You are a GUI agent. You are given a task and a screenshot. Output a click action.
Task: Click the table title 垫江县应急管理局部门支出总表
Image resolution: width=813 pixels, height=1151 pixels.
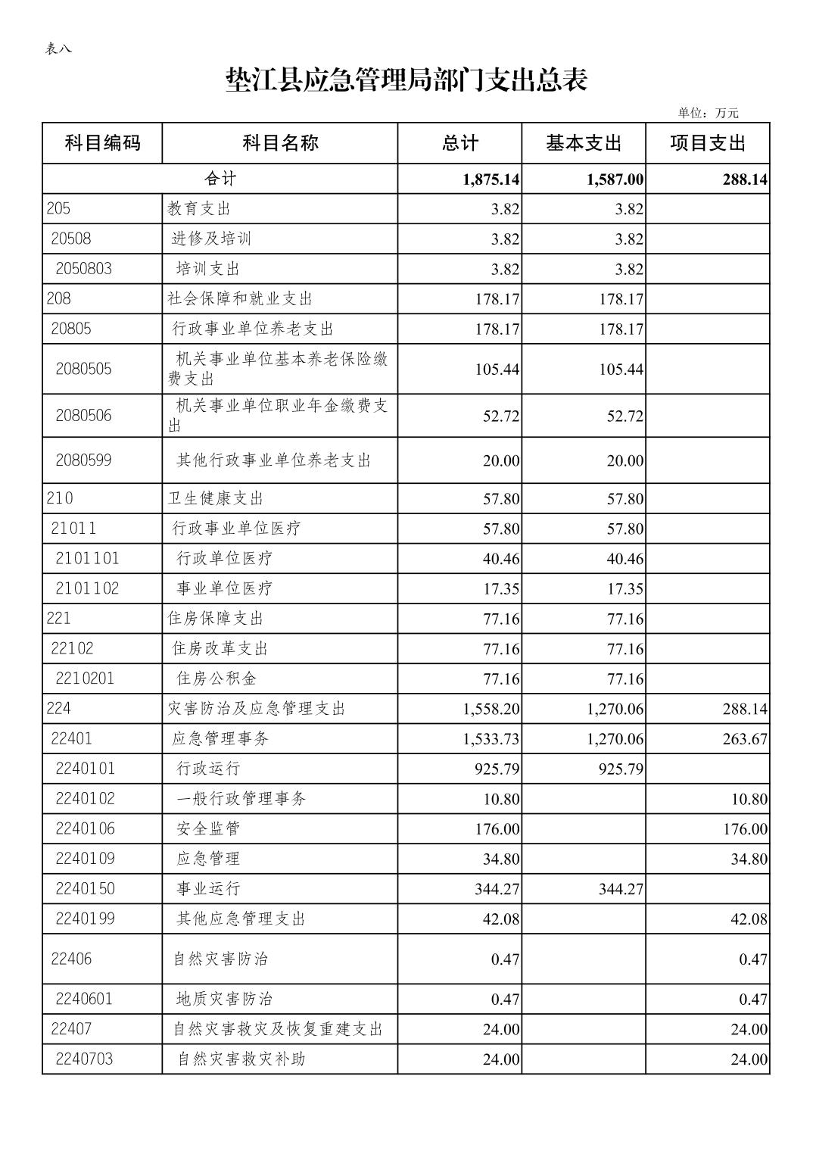(x=406, y=80)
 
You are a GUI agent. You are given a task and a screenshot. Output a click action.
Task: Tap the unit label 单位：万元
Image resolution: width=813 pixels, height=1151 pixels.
(x=708, y=114)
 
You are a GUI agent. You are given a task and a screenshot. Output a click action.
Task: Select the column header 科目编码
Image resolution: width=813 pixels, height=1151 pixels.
(x=102, y=142)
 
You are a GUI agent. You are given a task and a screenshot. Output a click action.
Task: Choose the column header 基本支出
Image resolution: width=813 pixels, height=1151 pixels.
(x=583, y=142)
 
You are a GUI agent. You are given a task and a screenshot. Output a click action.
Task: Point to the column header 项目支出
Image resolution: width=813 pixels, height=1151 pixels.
(x=707, y=142)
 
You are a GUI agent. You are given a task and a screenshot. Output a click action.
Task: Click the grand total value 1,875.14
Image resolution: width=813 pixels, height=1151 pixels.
(x=491, y=179)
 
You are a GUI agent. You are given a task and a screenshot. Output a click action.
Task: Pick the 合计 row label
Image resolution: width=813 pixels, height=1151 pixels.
(x=220, y=179)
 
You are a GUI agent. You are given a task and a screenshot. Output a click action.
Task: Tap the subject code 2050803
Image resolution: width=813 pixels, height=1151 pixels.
(x=83, y=269)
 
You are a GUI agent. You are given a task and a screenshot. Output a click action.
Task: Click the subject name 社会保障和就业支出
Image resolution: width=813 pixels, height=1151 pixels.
(x=240, y=299)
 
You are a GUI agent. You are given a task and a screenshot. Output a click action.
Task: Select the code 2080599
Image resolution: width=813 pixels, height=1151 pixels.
(x=83, y=460)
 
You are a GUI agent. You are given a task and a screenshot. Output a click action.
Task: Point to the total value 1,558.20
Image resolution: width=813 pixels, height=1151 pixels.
(x=491, y=709)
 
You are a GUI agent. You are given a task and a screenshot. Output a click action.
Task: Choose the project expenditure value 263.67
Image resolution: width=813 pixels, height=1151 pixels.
(x=745, y=739)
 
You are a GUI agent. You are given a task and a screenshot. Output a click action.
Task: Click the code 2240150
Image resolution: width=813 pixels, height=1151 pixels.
(x=85, y=888)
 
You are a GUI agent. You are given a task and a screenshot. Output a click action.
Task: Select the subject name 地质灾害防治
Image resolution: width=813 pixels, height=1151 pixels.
(x=224, y=999)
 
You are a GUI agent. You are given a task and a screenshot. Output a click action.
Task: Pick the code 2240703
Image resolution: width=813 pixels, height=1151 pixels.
(x=84, y=1059)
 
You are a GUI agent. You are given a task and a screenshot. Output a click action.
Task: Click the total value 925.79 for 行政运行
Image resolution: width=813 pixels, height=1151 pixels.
(x=497, y=769)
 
